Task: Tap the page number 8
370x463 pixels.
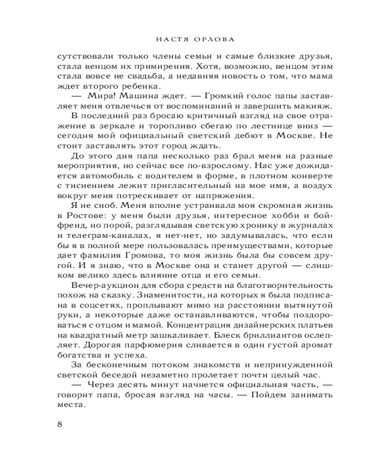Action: click(59, 425)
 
